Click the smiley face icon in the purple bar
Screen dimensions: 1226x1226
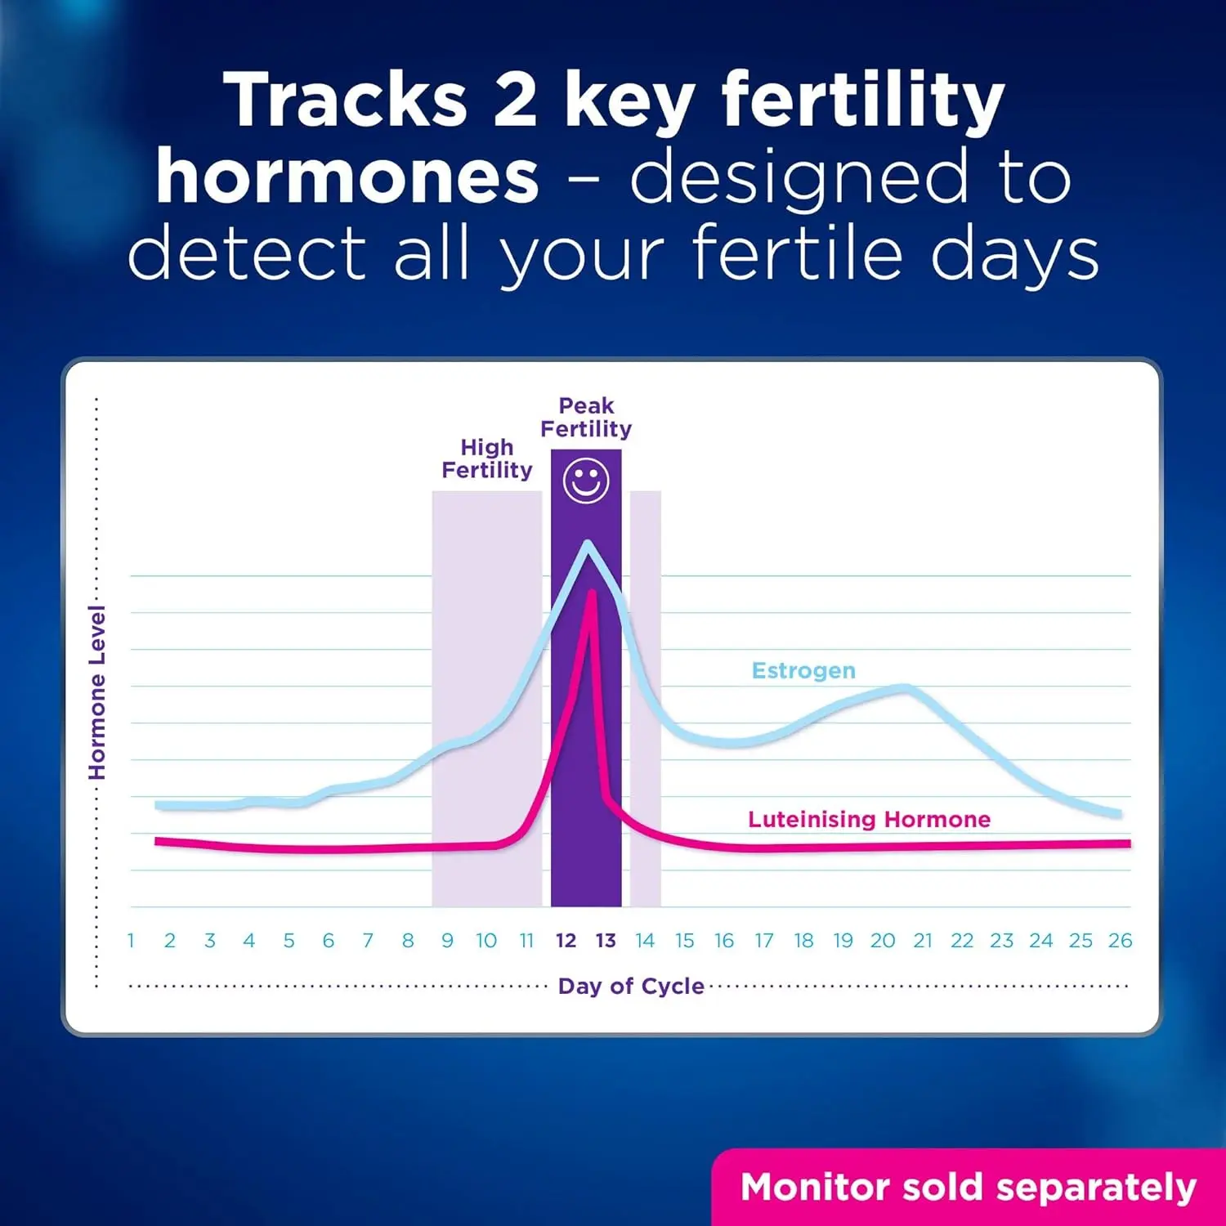pyautogui.click(x=586, y=481)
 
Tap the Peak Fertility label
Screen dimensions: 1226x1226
pyautogui.click(x=586, y=418)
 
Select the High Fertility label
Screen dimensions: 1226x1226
pyautogui.click(x=487, y=459)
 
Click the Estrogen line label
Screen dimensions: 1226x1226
pyautogui.click(x=803, y=671)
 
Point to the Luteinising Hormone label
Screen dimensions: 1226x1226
pyautogui.click(x=869, y=820)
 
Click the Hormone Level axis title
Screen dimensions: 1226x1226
pyautogui.click(x=97, y=693)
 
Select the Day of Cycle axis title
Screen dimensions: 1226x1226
pyautogui.click(x=631, y=987)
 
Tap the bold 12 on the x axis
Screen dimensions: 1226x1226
pyautogui.click(x=566, y=941)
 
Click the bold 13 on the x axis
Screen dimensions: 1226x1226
pyautogui.click(x=606, y=941)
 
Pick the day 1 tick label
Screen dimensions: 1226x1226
pyautogui.click(x=131, y=941)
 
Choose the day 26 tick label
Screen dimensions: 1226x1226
pyautogui.click(x=1120, y=941)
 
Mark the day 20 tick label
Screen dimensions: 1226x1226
pyautogui.click(x=883, y=941)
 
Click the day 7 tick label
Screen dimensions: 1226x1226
pyautogui.click(x=368, y=941)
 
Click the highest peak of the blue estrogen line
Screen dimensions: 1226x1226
pyautogui.click(x=587, y=544)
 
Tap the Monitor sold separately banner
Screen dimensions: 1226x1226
pyautogui.click(x=969, y=1188)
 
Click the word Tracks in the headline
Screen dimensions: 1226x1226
pyautogui.click(x=345, y=101)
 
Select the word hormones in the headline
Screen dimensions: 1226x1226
pyautogui.click(x=347, y=177)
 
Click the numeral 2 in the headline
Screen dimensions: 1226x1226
pyautogui.click(x=515, y=101)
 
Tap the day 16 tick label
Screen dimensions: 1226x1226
pyautogui.click(x=724, y=941)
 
